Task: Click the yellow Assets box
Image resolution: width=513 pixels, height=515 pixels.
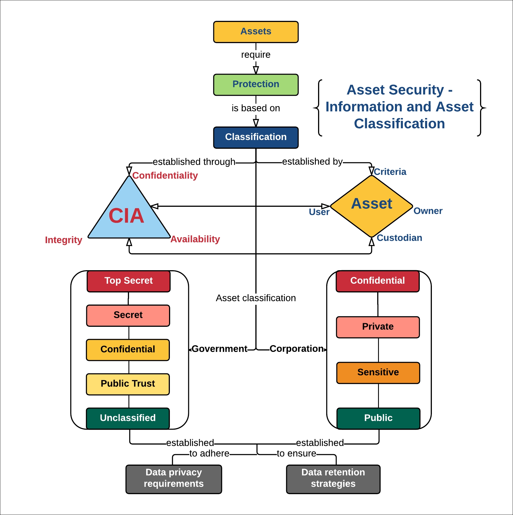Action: [256, 32]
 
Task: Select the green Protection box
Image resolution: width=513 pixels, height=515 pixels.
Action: [256, 85]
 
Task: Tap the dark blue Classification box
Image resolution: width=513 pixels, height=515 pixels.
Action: [256, 137]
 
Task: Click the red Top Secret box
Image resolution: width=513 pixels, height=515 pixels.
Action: [128, 281]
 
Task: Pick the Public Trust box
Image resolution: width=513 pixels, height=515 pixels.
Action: [128, 384]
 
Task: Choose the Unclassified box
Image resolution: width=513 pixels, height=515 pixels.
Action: [128, 418]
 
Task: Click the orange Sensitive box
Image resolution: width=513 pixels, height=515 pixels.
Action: [378, 372]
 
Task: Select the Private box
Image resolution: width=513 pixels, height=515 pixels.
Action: [377, 327]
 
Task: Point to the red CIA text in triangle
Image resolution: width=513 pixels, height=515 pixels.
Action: [126, 216]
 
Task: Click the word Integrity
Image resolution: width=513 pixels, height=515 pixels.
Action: [64, 240]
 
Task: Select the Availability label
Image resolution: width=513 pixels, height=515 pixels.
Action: [195, 239]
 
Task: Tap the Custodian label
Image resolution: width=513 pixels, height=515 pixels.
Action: [399, 238]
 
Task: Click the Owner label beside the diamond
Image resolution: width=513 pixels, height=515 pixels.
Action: [428, 211]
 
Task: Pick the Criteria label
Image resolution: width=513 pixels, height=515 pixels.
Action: [390, 172]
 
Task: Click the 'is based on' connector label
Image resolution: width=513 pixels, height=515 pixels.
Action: [256, 108]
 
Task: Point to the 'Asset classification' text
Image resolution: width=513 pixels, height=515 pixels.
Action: [256, 298]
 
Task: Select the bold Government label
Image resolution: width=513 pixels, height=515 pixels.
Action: [219, 349]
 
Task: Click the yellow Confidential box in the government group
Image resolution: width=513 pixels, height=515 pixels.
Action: [128, 350]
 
